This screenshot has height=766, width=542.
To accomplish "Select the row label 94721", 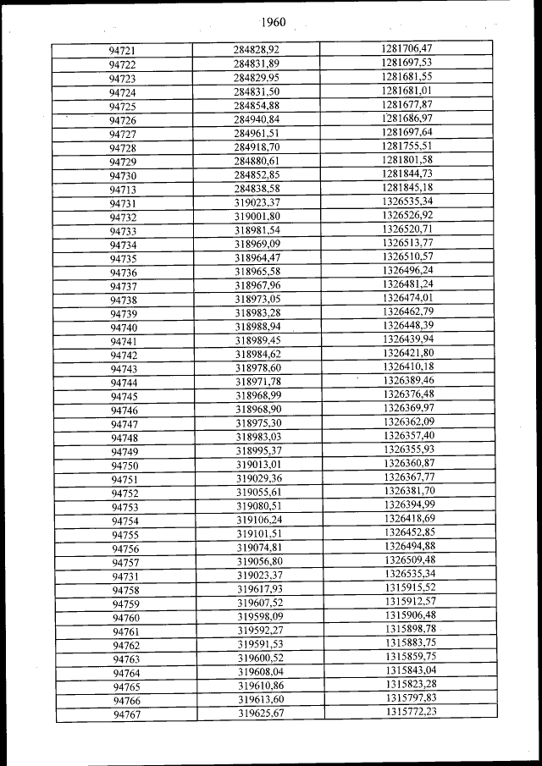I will point(123,52).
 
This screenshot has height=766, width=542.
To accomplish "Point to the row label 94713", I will point(124,190).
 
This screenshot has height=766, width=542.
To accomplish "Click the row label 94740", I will point(124,328).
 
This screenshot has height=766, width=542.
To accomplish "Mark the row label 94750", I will point(124,466).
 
